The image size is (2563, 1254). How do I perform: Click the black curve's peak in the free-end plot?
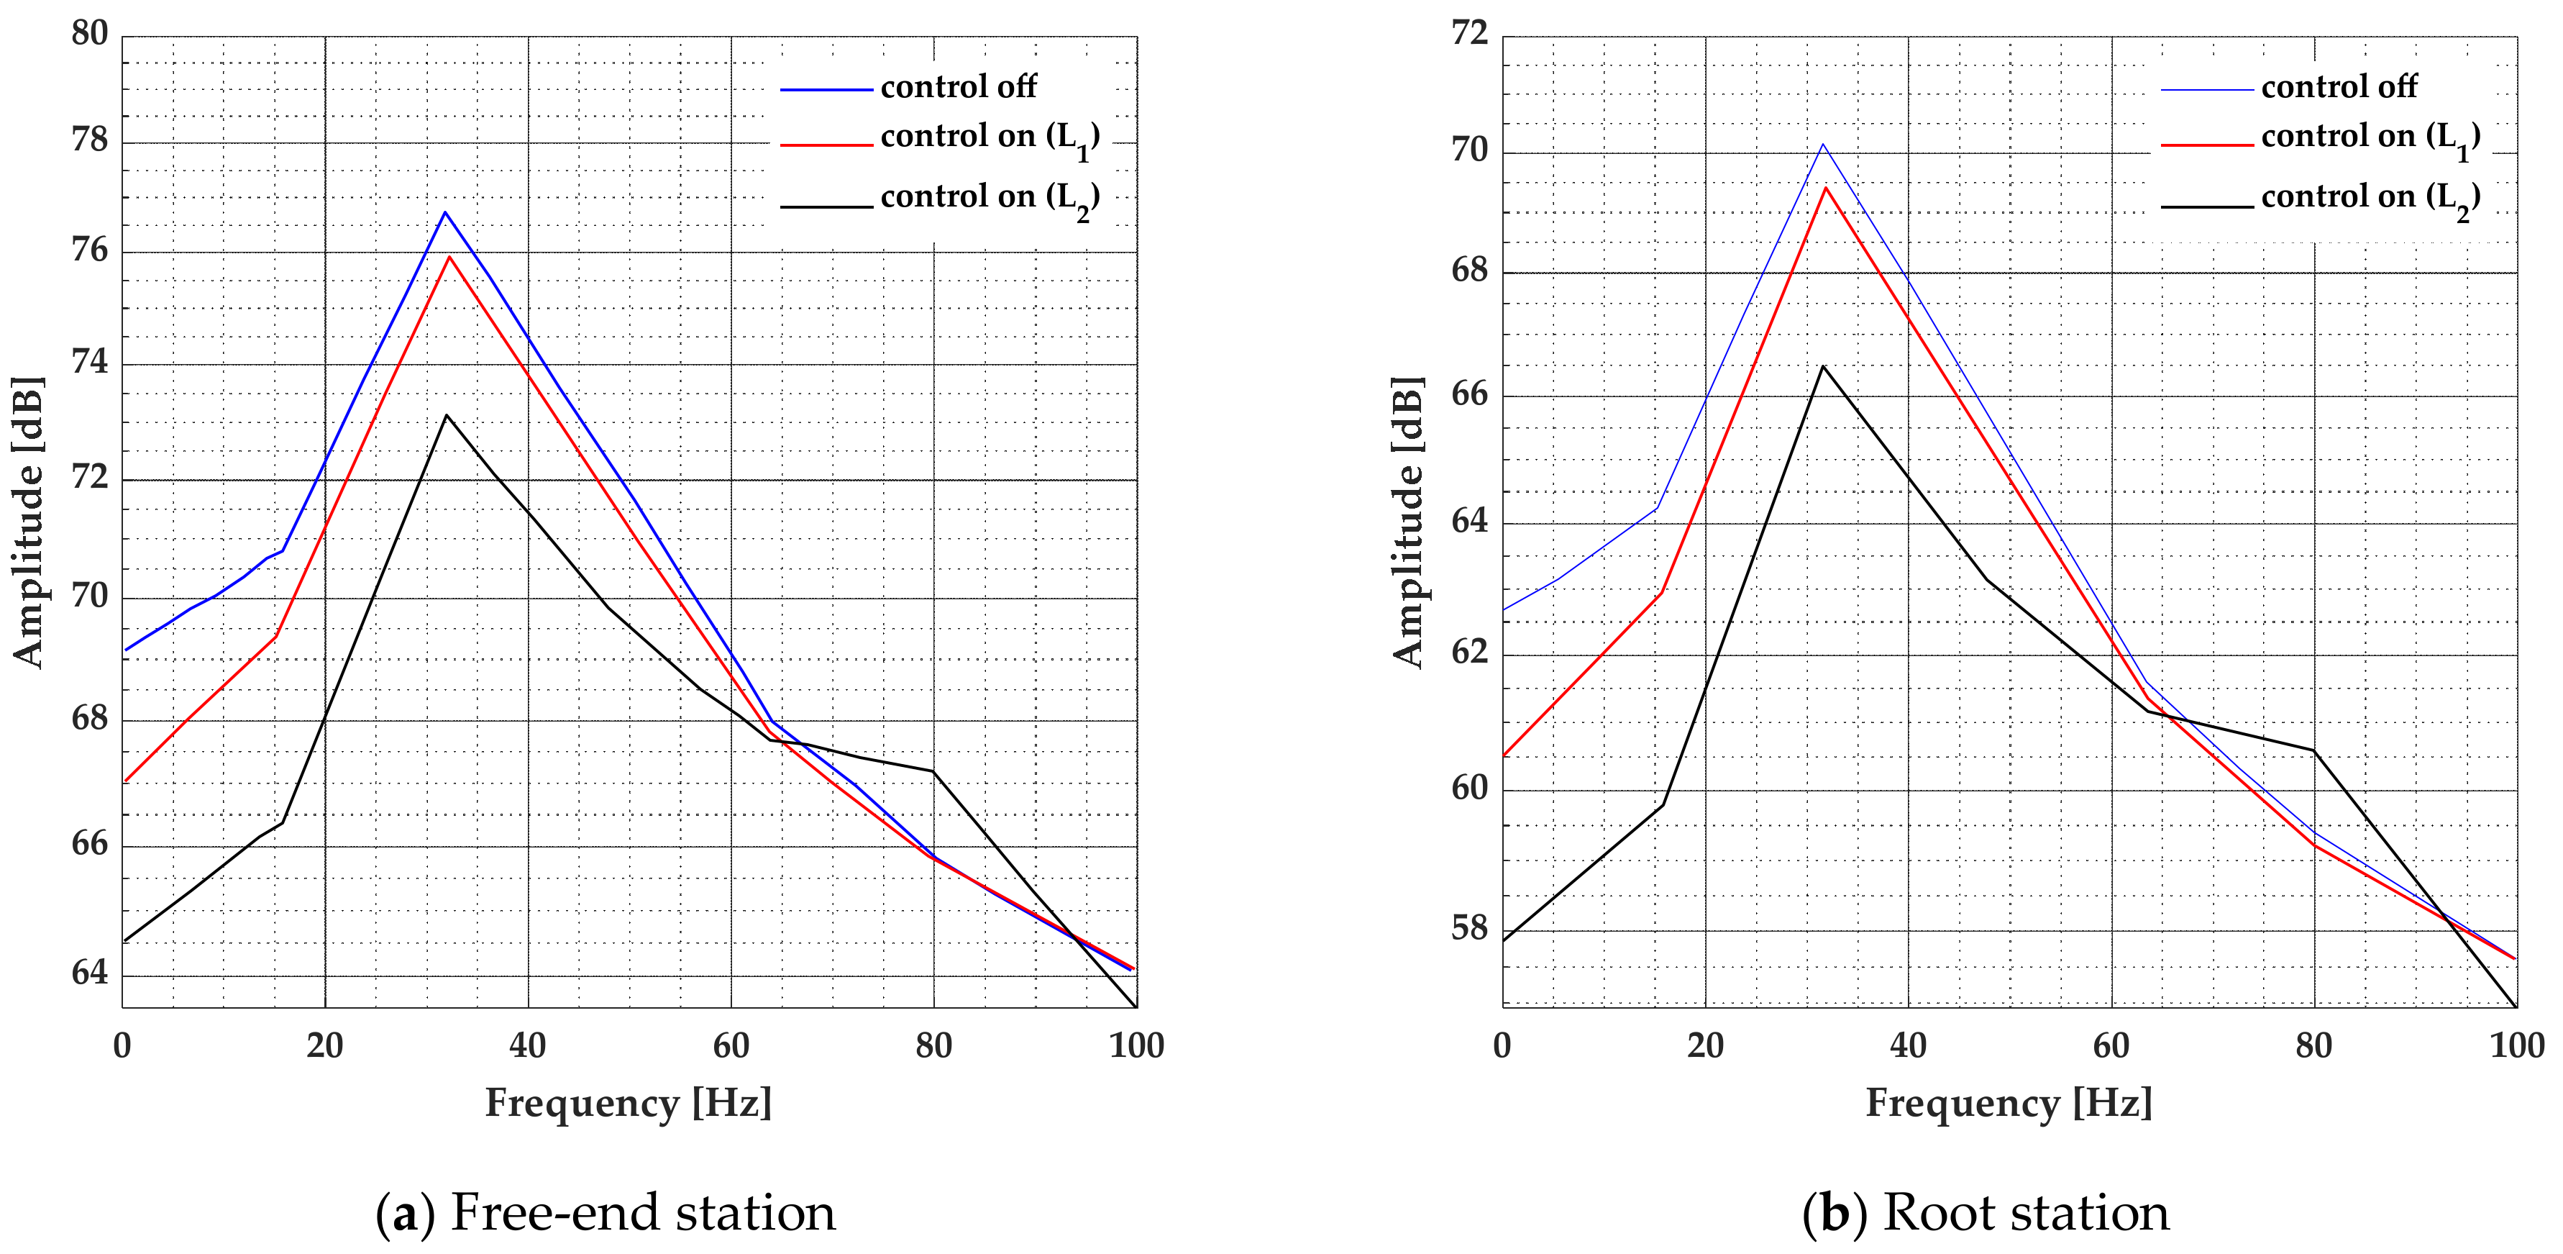447,415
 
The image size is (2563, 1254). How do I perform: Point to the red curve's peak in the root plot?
1826,187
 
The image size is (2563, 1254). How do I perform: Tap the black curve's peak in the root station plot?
1823,366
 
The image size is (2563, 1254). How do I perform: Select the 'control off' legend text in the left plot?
958,88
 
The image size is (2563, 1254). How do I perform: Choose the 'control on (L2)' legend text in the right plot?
2370,198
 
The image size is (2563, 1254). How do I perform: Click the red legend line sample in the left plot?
826,145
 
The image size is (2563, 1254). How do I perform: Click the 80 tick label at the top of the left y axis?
90,34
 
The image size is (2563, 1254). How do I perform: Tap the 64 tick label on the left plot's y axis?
90,973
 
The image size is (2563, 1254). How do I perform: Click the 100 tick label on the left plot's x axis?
1136,1046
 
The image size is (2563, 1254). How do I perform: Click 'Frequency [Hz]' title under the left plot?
628,1104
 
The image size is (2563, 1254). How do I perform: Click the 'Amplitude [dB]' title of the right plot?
1408,522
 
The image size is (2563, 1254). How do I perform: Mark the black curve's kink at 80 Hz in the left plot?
933,771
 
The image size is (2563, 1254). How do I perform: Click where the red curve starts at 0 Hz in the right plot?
1504,755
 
